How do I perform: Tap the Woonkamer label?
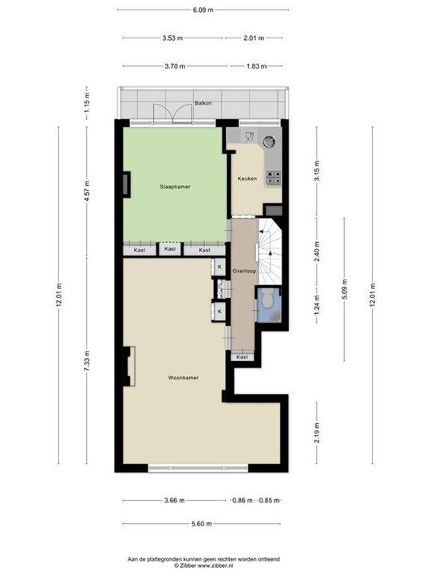(183, 378)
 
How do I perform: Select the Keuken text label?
(247, 179)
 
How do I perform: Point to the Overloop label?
(243, 272)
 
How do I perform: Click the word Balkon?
(203, 104)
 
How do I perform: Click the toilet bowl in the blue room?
(269, 301)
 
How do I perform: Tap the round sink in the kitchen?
(269, 142)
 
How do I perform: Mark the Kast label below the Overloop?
(243, 357)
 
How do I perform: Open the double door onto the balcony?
(174, 117)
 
